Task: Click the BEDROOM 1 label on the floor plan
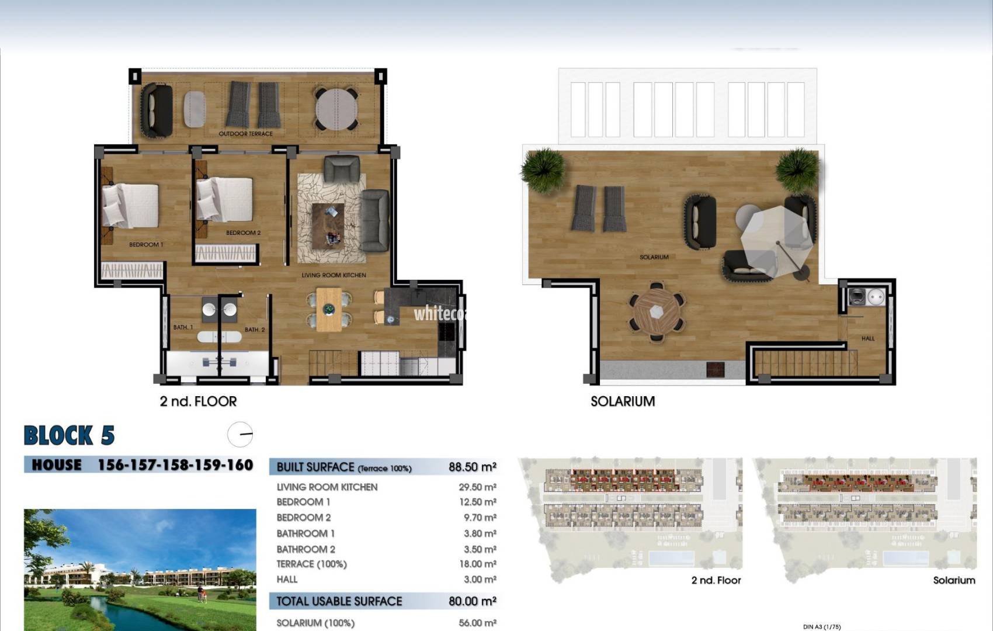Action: pos(146,245)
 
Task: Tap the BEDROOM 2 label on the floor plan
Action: pos(243,233)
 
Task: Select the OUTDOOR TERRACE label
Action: pos(245,134)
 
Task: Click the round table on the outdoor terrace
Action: pos(336,109)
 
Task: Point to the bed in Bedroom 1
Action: pos(131,206)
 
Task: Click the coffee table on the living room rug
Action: pos(328,224)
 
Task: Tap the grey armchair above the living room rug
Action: pos(342,169)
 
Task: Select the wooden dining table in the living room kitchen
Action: pos(329,309)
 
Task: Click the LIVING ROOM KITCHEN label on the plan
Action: pos(334,275)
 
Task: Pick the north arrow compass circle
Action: pos(240,435)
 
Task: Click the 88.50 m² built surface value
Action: pos(472,467)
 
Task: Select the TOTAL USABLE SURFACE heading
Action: pos(339,601)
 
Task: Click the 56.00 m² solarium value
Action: pos(477,623)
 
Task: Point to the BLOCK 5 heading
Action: pos(69,435)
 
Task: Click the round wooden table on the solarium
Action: pos(657,312)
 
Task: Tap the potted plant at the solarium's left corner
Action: pos(543,169)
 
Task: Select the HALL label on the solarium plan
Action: pos(867,338)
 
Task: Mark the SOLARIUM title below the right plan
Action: pos(622,401)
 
